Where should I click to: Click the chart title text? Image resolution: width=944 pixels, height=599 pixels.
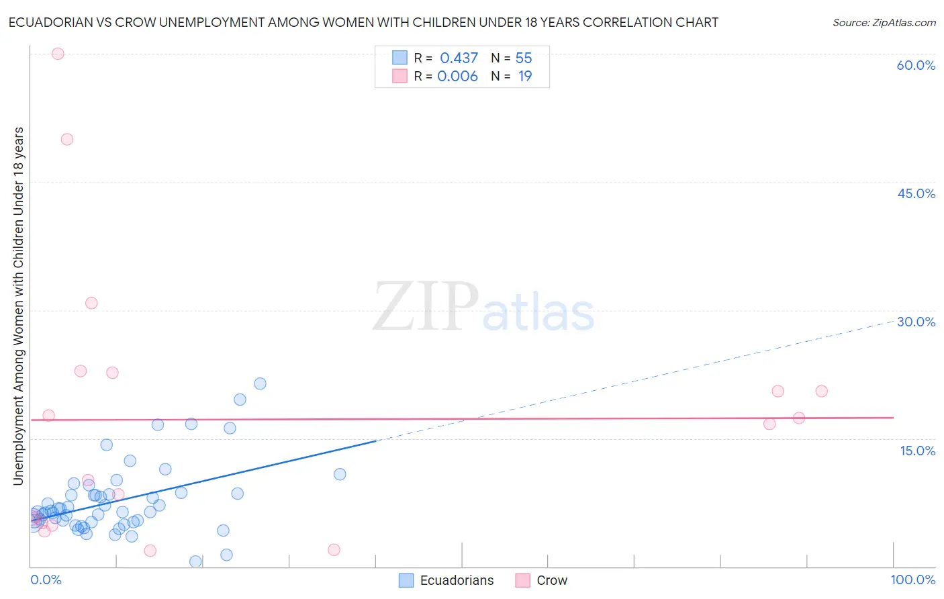pyautogui.click(x=363, y=22)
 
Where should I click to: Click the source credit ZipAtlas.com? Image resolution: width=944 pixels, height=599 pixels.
pyautogui.click(x=884, y=22)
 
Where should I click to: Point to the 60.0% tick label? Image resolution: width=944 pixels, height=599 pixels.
pyautogui.click(x=916, y=65)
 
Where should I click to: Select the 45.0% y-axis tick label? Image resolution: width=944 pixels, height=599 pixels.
pyautogui.click(x=916, y=193)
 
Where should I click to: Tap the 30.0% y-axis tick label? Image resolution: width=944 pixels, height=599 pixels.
pyautogui.click(x=916, y=322)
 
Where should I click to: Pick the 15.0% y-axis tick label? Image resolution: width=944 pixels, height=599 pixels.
pyautogui.click(x=917, y=451)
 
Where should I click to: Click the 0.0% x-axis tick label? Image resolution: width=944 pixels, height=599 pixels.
pyautogui.click(x=46, y=580)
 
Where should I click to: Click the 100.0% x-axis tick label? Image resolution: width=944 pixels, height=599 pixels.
pyautogui.click(x=912, y=580)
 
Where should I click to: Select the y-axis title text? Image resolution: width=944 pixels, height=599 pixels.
pyautogui.click(x=18, y=306)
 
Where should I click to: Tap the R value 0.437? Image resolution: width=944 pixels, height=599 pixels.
pyautogui.click(x=459, y=58)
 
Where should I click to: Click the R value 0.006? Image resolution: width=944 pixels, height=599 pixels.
pyautogui.click(x=457, y=77)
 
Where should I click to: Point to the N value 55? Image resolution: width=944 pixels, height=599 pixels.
pyautogui.click(x=524, y=58)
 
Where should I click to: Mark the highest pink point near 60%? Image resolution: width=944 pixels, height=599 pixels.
pyautogui.click(x=58, y=54)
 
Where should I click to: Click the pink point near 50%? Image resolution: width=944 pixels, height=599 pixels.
pyautogui.click(x=67, y=140)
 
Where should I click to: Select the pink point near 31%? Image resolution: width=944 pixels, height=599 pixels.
pyautogui.click(x=91, y=303)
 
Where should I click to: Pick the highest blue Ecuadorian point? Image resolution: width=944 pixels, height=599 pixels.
pyautogui.click(x=260, y=383)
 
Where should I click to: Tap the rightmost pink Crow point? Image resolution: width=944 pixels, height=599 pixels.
pyautogui.click(x=821, y=391)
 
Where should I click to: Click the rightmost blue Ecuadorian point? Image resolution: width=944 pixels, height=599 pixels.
pyautogui.click(x=340, y=474)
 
